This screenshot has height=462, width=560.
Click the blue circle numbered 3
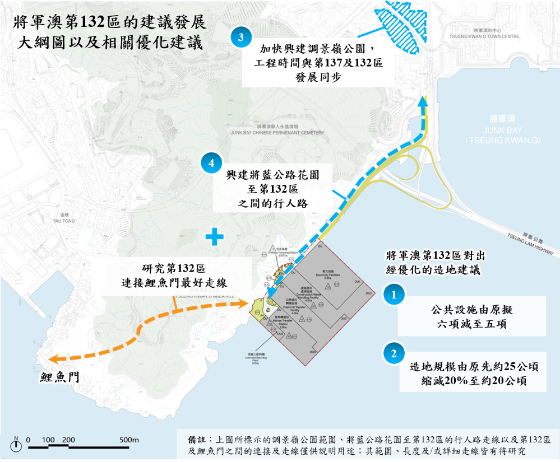pos(240,38)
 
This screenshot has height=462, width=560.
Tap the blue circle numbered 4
pos(211,164)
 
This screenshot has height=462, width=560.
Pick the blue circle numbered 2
pos(394,353)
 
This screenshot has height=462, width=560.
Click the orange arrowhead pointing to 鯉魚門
pos(53,359)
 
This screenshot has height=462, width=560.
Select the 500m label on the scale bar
pos(129,440)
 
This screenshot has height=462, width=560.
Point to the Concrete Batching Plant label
pos(255,358)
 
